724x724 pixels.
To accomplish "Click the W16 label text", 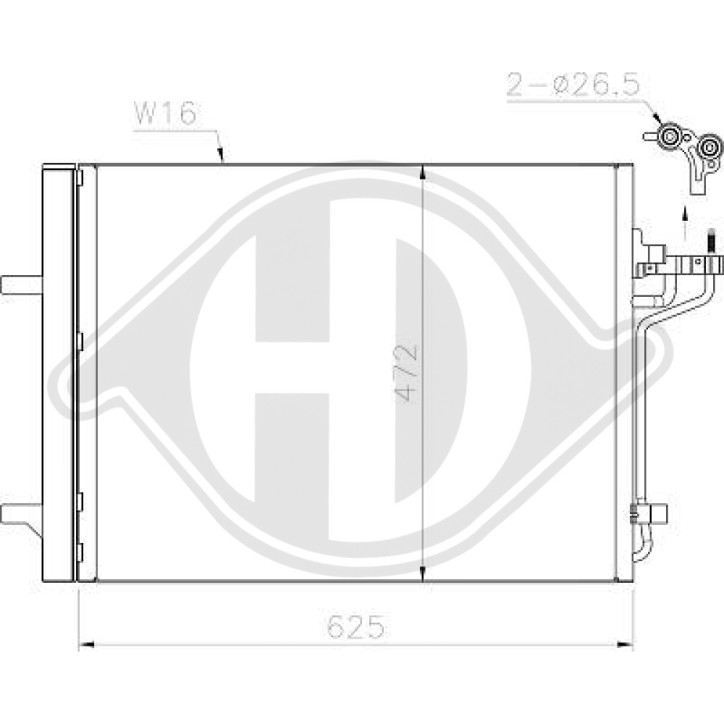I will [x=166, y=115].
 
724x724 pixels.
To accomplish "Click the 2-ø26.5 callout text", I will [x=573, y=85].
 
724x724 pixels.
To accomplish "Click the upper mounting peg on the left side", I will [x=21, y=285].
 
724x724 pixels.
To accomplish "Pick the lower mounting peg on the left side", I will [x=21, y=513].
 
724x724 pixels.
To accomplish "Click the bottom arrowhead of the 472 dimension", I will [x=422, y=572].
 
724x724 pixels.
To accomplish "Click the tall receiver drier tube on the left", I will [x=59, y=373].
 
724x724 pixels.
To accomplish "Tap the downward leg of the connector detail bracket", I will [x=699, y=181].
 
